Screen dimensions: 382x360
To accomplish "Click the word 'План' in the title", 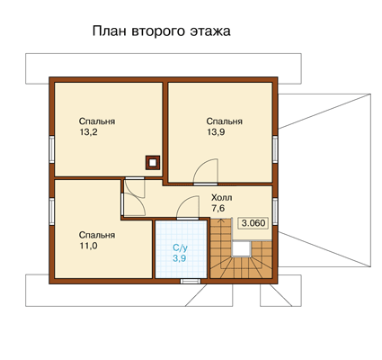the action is coord(109,31).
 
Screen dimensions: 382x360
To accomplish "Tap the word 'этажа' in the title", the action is coord(210,31).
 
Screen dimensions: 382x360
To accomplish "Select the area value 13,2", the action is coord(88,132).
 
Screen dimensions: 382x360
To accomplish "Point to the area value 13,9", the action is coord(216,132).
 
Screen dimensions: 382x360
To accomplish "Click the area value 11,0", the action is coord(88,246).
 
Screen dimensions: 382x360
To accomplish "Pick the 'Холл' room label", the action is coord(222,198).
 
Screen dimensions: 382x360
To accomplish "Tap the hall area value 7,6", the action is coord(218,208).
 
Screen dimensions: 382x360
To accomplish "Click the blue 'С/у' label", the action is coord(181,247).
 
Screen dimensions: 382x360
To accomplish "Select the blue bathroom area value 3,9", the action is coord(179,258).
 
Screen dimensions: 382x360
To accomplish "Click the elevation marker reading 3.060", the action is coord(253,223).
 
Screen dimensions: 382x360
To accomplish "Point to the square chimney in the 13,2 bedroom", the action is coord(153,163).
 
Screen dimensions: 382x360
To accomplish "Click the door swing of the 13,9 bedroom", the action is coord(206,172).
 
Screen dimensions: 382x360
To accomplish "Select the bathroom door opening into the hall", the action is coord(188,207).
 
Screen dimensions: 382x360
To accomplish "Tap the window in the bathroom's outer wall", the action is coord(191,281).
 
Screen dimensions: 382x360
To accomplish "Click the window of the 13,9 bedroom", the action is coord(275,149).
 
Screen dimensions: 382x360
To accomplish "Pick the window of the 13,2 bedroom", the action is coord(51,149).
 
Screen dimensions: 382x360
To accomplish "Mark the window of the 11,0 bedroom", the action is coord(51,211).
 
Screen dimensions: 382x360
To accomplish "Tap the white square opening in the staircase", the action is coord(242,248).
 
